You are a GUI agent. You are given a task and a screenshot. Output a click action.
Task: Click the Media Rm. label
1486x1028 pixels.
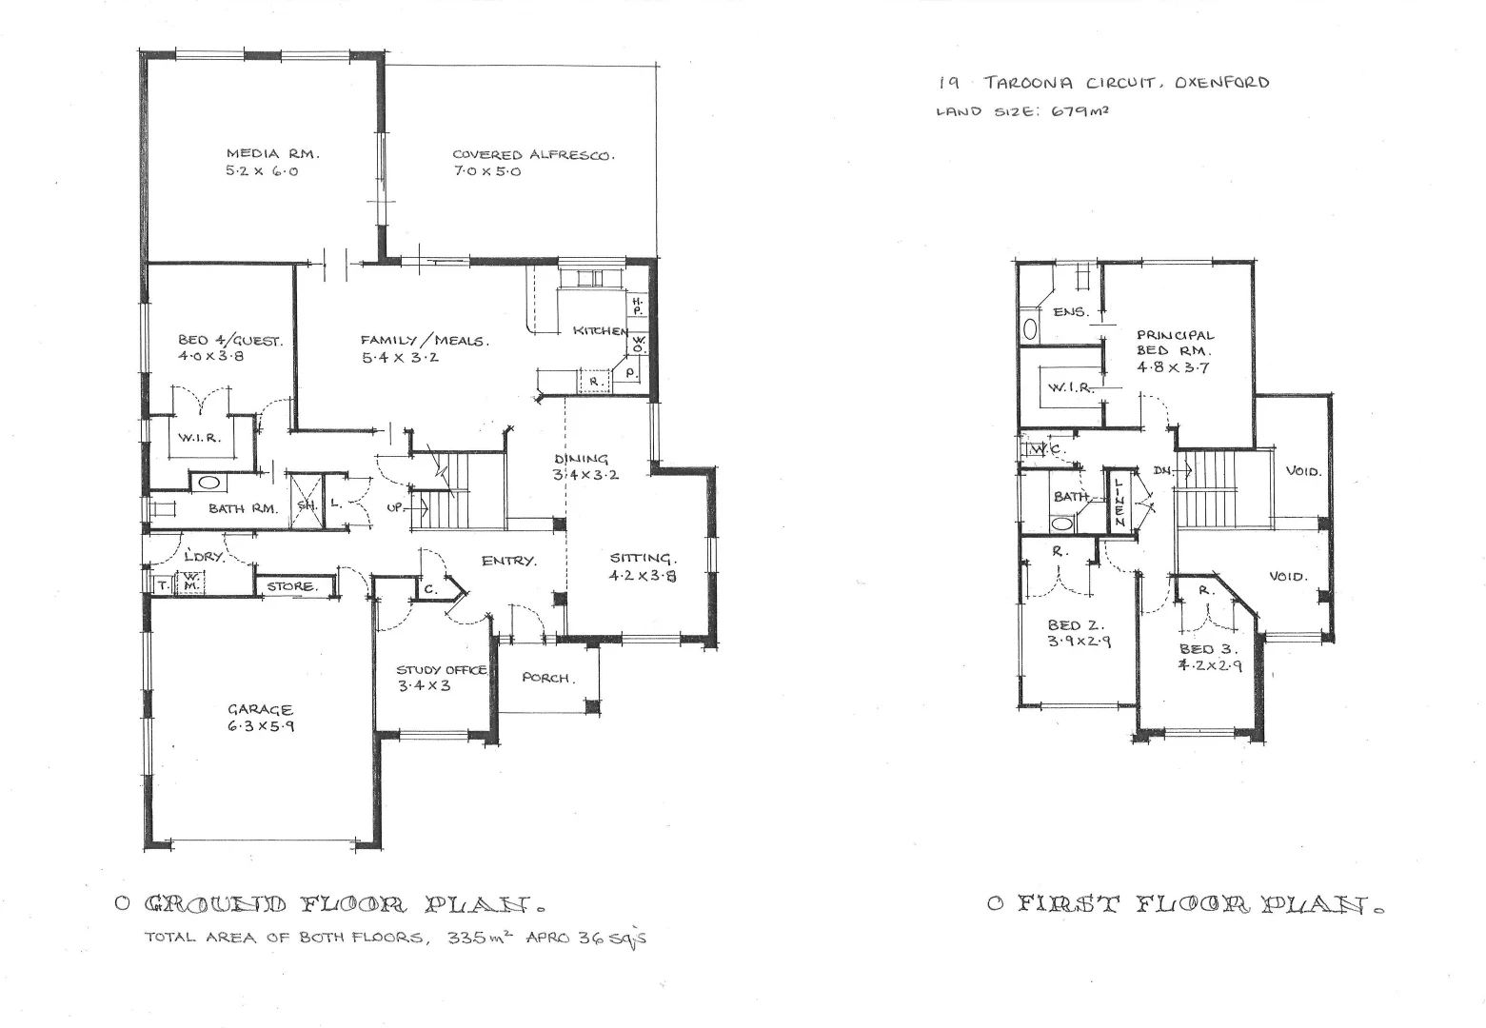click(272, 153)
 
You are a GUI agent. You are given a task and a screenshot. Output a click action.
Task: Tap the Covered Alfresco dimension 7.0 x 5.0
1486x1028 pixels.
click(486, 172)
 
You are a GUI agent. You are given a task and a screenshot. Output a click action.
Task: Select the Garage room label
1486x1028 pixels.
click(260, 709)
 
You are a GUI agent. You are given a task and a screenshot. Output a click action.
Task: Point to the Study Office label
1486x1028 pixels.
click(442, 670)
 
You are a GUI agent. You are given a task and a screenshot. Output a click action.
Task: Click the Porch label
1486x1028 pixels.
click(547, 678)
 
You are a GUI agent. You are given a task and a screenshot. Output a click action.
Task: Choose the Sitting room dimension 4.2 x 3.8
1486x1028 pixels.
click(643, 576)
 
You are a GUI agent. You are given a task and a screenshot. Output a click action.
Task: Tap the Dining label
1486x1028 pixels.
click(581, 460)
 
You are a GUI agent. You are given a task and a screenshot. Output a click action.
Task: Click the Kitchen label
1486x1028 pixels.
click(601, 330)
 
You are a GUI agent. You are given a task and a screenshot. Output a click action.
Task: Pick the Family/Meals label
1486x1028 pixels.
click(425, 341)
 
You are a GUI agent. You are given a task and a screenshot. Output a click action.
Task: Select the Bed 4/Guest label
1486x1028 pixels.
click(229, 340)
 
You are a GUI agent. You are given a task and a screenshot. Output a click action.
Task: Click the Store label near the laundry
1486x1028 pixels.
click(291, 586)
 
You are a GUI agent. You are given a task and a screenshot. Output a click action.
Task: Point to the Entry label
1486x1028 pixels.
click(508, 561)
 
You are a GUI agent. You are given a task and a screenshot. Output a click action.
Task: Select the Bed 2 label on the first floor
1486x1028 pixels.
click(1075, 625)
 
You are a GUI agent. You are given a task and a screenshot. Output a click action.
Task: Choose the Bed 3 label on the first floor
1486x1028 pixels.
click(1210, 649)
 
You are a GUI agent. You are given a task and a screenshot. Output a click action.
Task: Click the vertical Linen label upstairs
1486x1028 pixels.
click(1120, 502)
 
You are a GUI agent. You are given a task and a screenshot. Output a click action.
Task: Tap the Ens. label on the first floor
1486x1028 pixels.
click(1070, 311)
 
